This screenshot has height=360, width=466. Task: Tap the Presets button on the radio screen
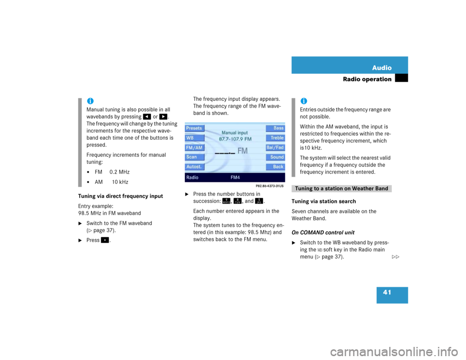click(x=194, y=128)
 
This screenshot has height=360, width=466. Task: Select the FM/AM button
click(x=194, y=147)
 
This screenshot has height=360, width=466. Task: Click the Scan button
click(x=194, y=157)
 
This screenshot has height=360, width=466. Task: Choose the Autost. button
click(x=194, y=167)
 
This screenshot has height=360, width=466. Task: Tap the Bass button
click(x=276, y=128)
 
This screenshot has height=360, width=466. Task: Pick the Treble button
click(x=276, y=138)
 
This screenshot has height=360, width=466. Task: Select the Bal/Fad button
click(x=276, y=147)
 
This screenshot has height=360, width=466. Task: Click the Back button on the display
click(x=276, y=167)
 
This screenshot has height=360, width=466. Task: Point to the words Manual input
click(x=235, y=132)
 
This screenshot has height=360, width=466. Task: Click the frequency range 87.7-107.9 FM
click(x=235, y=139)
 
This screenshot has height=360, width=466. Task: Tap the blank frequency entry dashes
click(x=225, y=152)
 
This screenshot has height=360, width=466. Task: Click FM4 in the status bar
click(x=235, y=178)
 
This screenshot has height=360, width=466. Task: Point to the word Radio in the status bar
click(x=192, y=178)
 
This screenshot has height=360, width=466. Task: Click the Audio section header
click(x=382, y=68)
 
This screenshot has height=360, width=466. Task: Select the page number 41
click(x=387, y=292)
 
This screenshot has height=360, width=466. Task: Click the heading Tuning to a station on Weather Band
click(x=342, y=189)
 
